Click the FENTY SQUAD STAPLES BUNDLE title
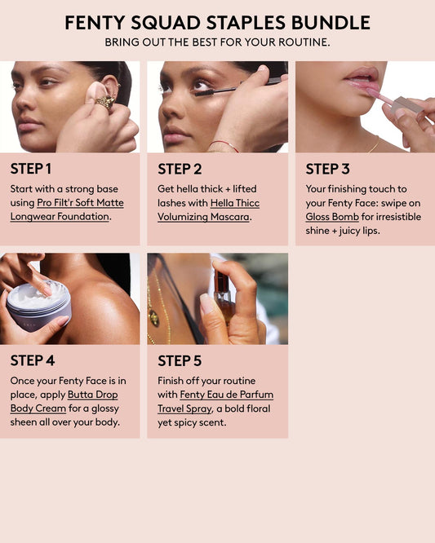[217, 23]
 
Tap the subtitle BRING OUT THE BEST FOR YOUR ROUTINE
[217, 42]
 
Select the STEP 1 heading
[31, 169]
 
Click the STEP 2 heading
[180, 169]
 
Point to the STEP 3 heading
[327, 169]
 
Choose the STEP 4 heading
[33, 360]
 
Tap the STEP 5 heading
[180, 361]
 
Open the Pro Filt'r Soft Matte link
[80, 203]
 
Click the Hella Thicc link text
[235, 203]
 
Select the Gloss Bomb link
[332, 217]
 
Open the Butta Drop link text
[92, 395]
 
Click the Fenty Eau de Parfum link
[227, 395]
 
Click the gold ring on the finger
[105, 103]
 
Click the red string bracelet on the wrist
[224, 145]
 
